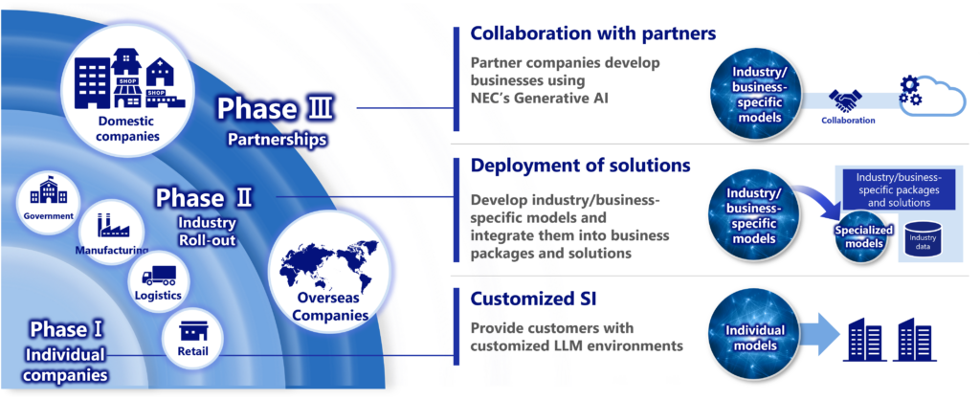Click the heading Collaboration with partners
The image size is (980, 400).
[x=592, y=33]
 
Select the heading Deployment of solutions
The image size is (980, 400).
[x=580, y=166]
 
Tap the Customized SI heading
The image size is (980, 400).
[x=534, y=299]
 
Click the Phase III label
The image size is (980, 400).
[x=276, y=108]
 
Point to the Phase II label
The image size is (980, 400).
[x=205, y=198]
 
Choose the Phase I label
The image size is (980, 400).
[x=66, y=329]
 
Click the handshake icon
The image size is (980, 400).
[x=847, y=100]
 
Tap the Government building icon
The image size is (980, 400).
[x=49, y=194]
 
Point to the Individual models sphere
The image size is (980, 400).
[x=752, y=331]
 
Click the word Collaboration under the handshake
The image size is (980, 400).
[x=848, y=121]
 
